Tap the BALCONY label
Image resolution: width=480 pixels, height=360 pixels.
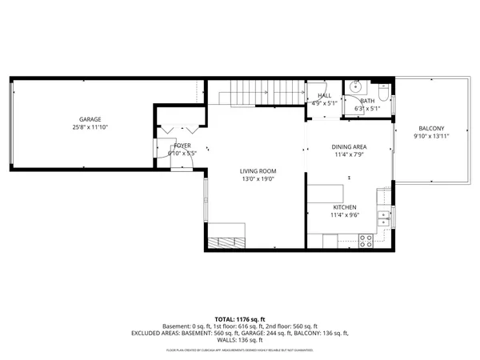(431, 130)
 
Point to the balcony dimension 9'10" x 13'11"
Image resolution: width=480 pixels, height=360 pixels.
(431, 137)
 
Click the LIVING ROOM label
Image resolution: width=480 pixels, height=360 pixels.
(258, 171)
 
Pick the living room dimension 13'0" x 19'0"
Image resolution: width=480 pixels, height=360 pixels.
(258, 179)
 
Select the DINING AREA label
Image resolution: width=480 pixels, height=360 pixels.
(350, 146)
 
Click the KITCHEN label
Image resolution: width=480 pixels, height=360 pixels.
(344, 207)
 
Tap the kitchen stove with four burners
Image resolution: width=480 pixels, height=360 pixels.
(367, 238)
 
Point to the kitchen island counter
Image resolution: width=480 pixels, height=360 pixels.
(326, 193)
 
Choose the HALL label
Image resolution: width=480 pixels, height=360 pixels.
(324, 95)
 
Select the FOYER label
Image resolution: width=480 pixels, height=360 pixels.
(182, 146)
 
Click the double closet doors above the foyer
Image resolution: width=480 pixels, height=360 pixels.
(178, 128)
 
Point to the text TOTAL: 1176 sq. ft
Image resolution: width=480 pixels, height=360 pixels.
(240, 319)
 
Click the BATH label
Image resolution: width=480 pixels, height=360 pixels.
(367, 101)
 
